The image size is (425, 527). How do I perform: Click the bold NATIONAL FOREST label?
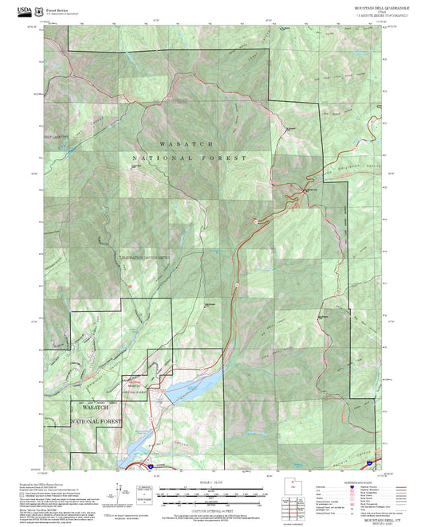[189, 158]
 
